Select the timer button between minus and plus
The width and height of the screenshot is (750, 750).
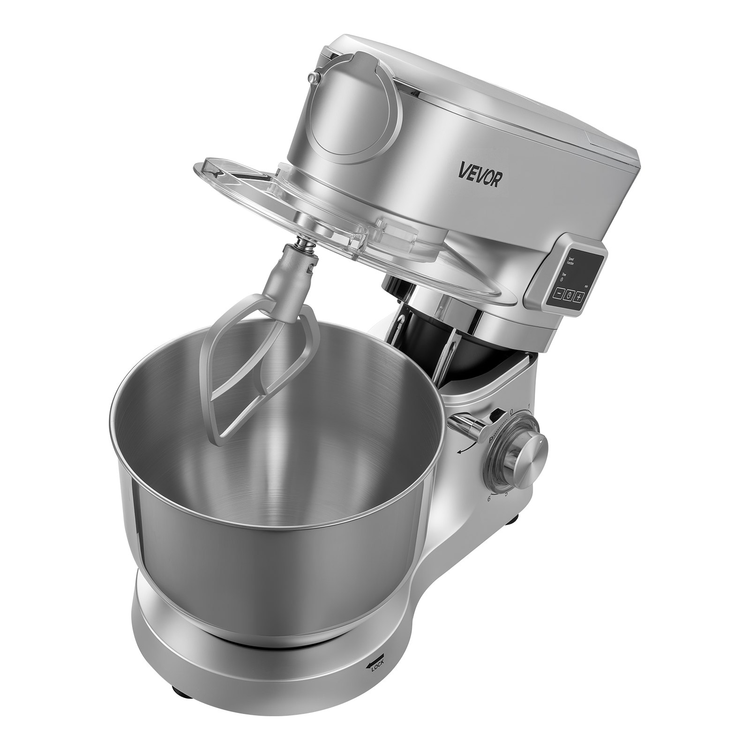pyautogui.click(x=569, y=295)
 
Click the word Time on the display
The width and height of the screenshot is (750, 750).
pyautogui.click(x=564, y=275)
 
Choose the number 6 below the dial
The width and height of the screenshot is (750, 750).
pyautogui.click(x=489, y=498)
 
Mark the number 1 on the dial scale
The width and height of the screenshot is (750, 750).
pyautogui.click(x=529, y=406)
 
